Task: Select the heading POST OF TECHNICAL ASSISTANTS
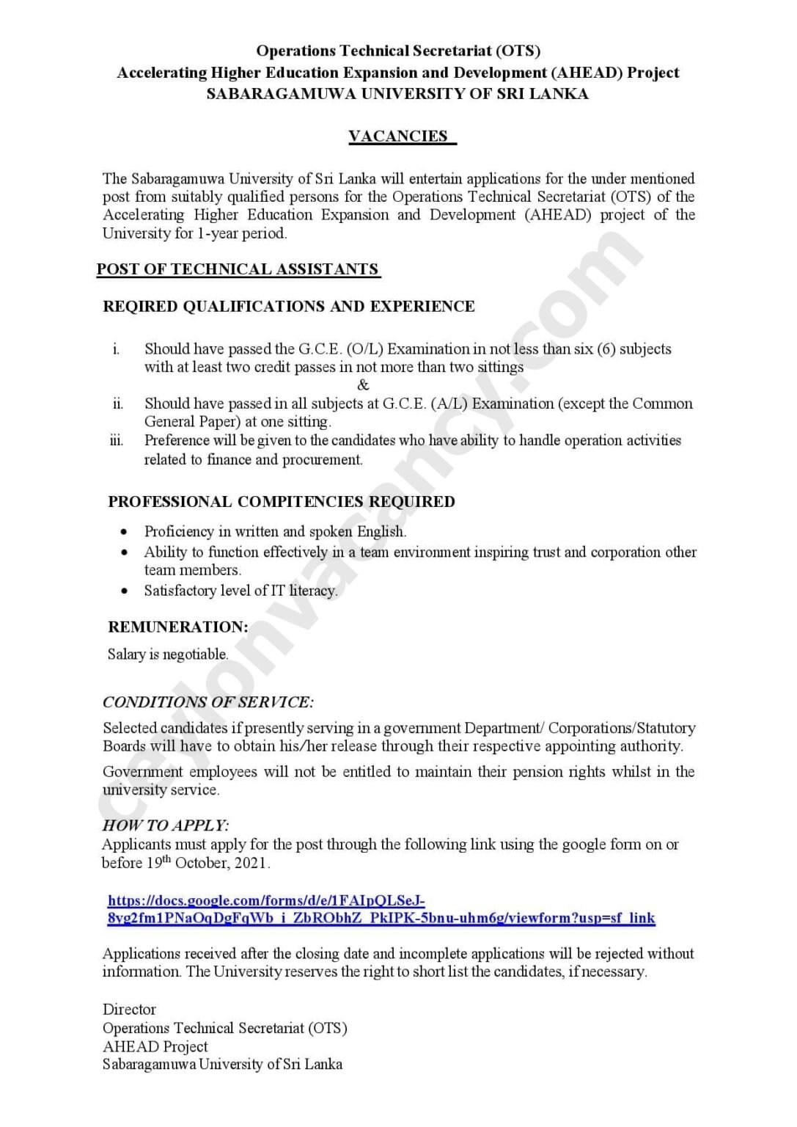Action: coord(238,269)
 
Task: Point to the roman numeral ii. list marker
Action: coord(117,404)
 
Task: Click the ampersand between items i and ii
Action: coord(363,385)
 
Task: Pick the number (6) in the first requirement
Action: coord(606,349)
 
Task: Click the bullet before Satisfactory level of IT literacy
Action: coord(125,591)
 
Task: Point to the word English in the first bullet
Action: coord(381,532)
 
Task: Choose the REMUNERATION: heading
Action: coord(178,627)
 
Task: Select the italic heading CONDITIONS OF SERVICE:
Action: coord(208,702)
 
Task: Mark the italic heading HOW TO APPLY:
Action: coord(166,825)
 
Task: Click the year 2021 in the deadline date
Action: coord(251,864)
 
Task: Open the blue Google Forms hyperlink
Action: coord(381,910)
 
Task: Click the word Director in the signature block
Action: coord(129,1010)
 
